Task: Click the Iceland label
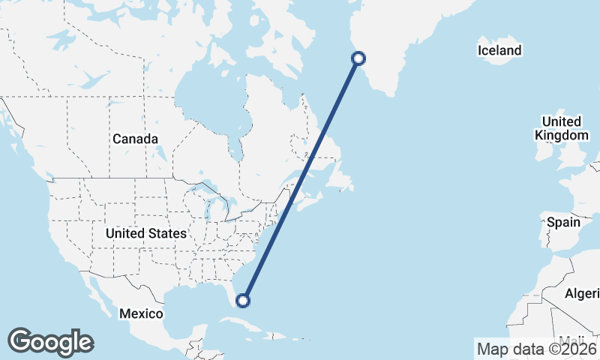coord(499,51)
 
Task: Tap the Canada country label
coord(135,139)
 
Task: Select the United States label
coord(145,234)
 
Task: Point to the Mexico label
coord(141,312)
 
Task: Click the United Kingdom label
coord(561,128)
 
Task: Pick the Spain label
coord(564,222)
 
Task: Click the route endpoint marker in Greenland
coord(358,58)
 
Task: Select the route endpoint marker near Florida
coord(242,301)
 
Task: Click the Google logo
coord(50,342)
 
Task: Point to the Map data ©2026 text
coord(537,349)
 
